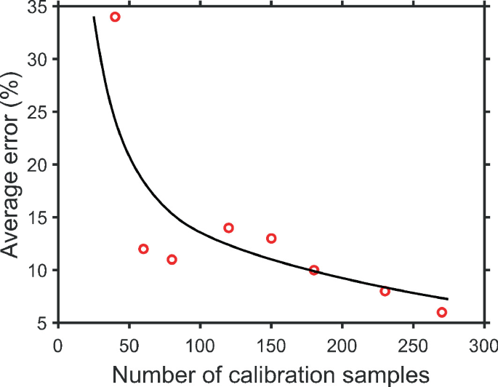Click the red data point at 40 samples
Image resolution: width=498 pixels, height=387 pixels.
115,17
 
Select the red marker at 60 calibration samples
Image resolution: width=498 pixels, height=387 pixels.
143,249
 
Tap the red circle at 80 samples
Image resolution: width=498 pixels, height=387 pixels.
172,260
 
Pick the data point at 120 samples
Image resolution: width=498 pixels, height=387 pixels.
228,228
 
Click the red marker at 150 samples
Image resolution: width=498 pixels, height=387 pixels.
271,239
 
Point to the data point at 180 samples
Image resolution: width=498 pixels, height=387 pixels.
314,270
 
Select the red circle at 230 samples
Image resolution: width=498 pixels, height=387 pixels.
385,291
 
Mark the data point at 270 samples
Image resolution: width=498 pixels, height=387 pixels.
441,312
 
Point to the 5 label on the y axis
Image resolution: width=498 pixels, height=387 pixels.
44,323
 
